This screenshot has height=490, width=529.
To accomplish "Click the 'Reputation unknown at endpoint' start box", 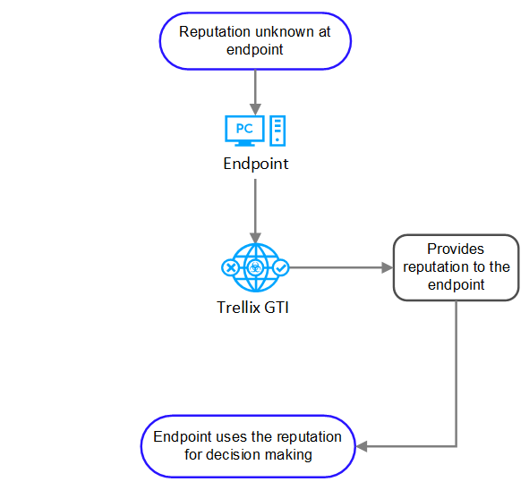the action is [x=255, y=41].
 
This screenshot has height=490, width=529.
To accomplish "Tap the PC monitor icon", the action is [x=244, y=131].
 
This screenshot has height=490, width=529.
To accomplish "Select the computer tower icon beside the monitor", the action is [x=277, y=131].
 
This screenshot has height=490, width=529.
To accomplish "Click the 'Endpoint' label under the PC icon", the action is [x=256, y=164].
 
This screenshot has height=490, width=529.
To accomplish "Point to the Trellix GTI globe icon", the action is [x=255, y=267].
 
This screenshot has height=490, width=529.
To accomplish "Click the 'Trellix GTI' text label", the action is [x=252, y=308].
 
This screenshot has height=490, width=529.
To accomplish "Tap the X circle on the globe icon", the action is [x=231, y=268].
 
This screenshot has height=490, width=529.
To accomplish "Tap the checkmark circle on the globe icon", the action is [x=281, y=268].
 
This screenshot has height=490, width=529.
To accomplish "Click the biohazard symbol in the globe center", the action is [x=255, y=268].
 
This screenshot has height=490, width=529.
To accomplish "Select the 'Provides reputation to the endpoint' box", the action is [x=456, y=267].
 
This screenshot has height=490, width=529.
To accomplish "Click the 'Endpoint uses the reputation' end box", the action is [x=248, y=446].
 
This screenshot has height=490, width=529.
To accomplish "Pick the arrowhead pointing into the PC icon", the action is [x=255, y=109].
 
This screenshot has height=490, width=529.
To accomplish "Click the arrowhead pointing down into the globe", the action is [x=255, y=238].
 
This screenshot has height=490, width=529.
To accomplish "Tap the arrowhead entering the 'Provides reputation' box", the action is [x=388, y=267].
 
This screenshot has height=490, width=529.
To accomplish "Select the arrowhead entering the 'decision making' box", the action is [x=362, y=446].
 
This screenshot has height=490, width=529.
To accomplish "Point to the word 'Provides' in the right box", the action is [x=456, y=249].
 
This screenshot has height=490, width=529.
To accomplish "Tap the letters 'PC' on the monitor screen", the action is [x=244, y=129].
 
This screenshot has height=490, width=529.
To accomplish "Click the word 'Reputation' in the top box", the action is [x=215, y=33].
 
